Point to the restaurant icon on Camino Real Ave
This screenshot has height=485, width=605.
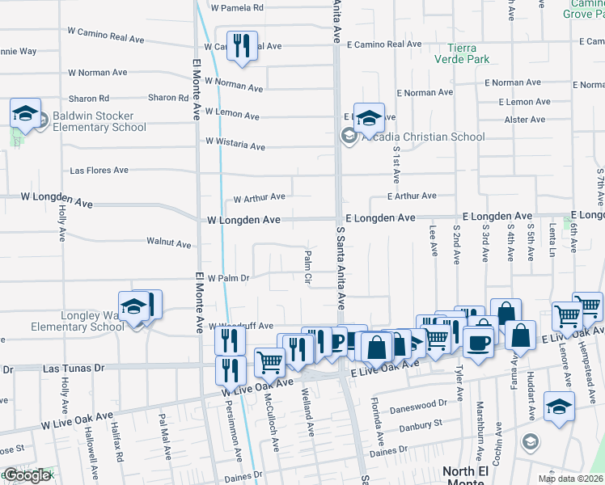point(240,47)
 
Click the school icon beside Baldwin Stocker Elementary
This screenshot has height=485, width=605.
point(25,114)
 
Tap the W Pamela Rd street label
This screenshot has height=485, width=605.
point(237,8)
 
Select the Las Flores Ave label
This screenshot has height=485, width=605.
point(99,171)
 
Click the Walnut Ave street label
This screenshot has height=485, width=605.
point(168,242)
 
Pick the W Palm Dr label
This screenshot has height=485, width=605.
point(228,278)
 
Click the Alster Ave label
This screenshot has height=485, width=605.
point(525,120)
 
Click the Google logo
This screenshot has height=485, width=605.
point(27,475)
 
